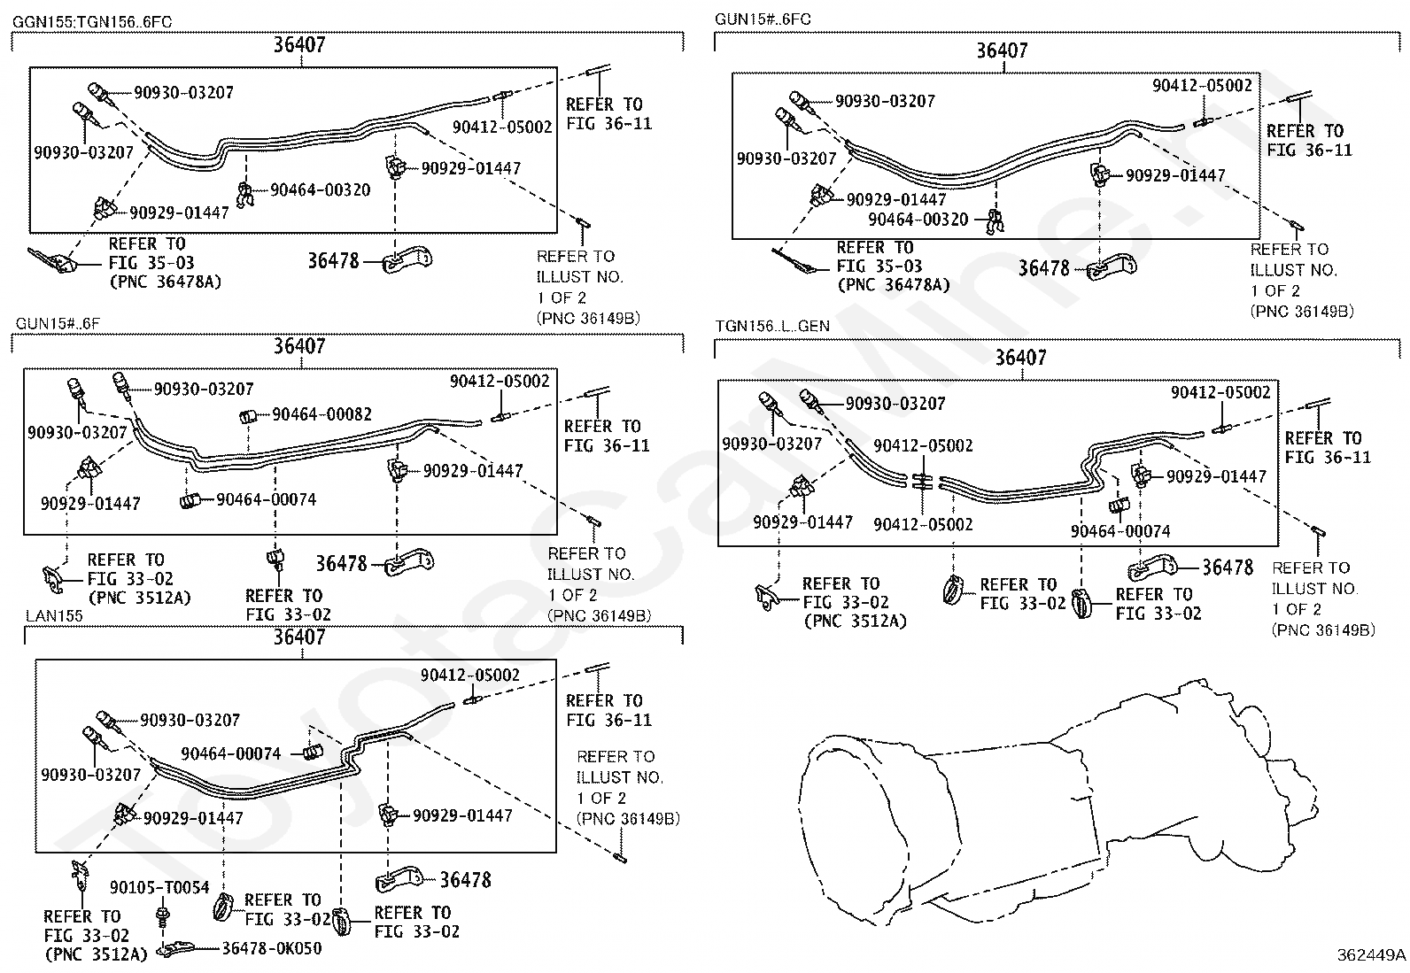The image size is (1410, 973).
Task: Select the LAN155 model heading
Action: pyautogui.click(x=53, y=615)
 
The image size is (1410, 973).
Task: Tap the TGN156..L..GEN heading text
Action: pyautogui.click(x=772, y=326)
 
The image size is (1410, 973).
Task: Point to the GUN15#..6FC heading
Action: pyautogui.click(x=763, y=19)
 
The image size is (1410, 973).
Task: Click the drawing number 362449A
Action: pyautogui.click(x=1371, y=954)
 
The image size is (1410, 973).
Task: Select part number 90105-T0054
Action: pyautogui.click(x=159, y=887)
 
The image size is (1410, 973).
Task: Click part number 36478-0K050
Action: pyautogui.click(x=271, y=948)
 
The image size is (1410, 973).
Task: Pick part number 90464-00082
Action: pyautogui.click(x=322, y=414)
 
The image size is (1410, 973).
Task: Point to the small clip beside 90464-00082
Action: pyautogui.click(x=250, y=416)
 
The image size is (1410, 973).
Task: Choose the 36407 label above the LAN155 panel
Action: pyautogui.click(x=299, y=637)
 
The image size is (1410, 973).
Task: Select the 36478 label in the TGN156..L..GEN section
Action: pyautogui.click(x=1228, y=567)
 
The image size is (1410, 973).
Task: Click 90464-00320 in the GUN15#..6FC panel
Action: pyautogui.click(x=918, y=219)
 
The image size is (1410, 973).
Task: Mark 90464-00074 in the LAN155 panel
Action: pyautogui.click(x=230, y=753)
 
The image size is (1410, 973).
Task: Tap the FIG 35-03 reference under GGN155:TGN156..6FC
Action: pyautogui.click(x=151, y=263)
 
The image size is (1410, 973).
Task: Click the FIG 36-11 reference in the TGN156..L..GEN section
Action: pyautogui.click(x=1327, y=457)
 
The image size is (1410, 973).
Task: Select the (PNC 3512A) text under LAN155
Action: pyautogui.click(x=96, y=954)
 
